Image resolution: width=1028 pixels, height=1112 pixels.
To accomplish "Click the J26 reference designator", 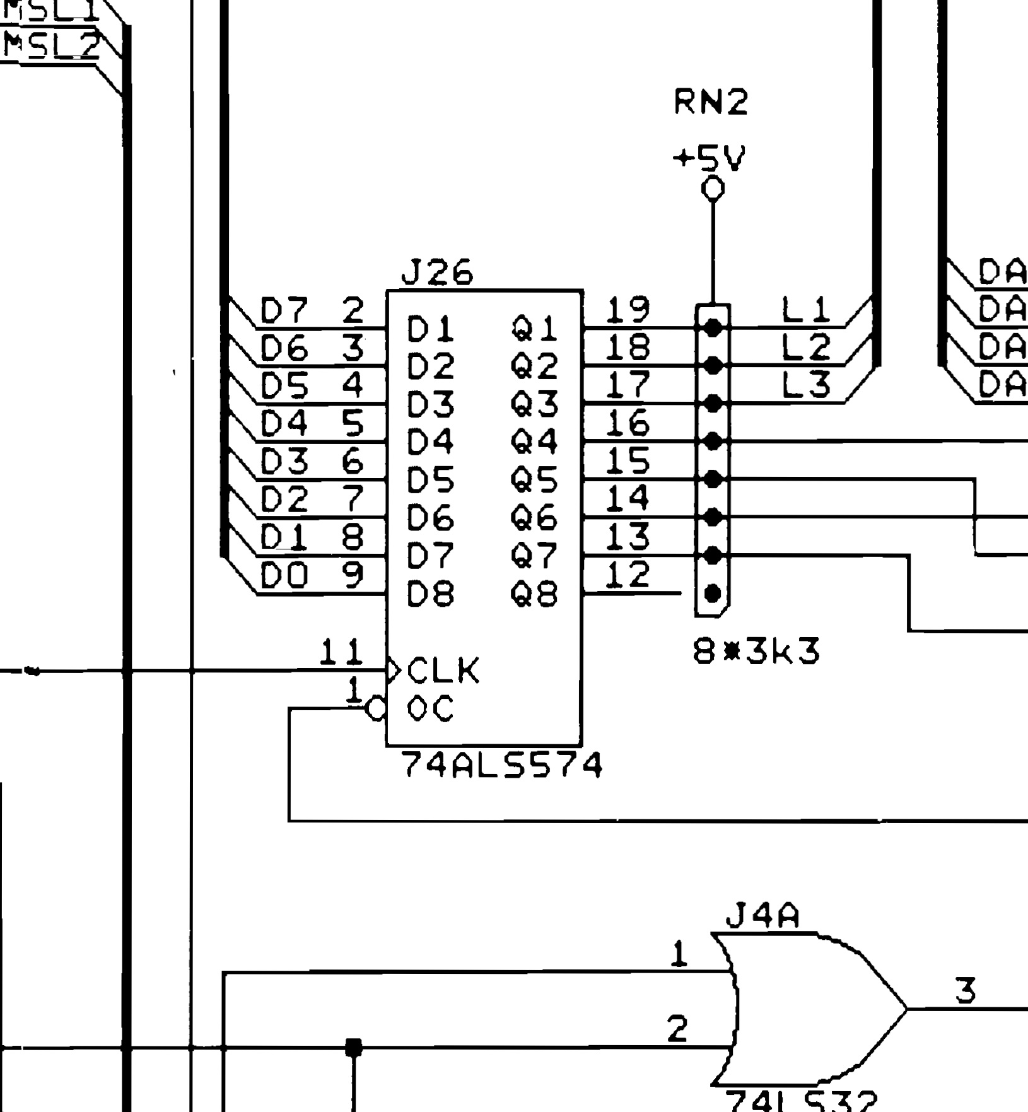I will pos(436,273).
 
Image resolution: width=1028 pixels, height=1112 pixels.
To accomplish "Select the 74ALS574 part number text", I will pos(502,766).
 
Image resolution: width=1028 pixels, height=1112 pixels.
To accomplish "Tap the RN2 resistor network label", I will pos(711,102).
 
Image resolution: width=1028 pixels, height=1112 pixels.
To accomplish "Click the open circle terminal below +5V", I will pos(713,188).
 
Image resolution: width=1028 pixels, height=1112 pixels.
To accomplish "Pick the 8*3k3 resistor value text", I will pos(756,651).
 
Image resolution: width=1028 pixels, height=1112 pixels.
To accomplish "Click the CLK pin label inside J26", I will pos(443,670).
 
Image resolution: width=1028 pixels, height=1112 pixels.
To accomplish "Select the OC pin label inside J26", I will pos(430,709).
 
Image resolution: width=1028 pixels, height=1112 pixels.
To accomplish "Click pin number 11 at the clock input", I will pos(341,652).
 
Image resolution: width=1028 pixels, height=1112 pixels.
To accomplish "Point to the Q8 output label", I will pos(534,594).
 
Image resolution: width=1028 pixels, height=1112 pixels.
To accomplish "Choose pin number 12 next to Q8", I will pos(627,575).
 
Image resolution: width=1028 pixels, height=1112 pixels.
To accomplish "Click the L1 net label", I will pos(806,310).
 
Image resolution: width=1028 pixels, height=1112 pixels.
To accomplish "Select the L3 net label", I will pos(806,385).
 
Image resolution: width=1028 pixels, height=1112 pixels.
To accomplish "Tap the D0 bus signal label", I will pos(284,575).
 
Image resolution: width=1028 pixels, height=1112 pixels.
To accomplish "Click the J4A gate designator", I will pos(762,916).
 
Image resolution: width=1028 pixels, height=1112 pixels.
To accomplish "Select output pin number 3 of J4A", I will pos(966,990).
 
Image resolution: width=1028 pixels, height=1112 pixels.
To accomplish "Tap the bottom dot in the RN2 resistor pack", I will pos(713,594).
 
